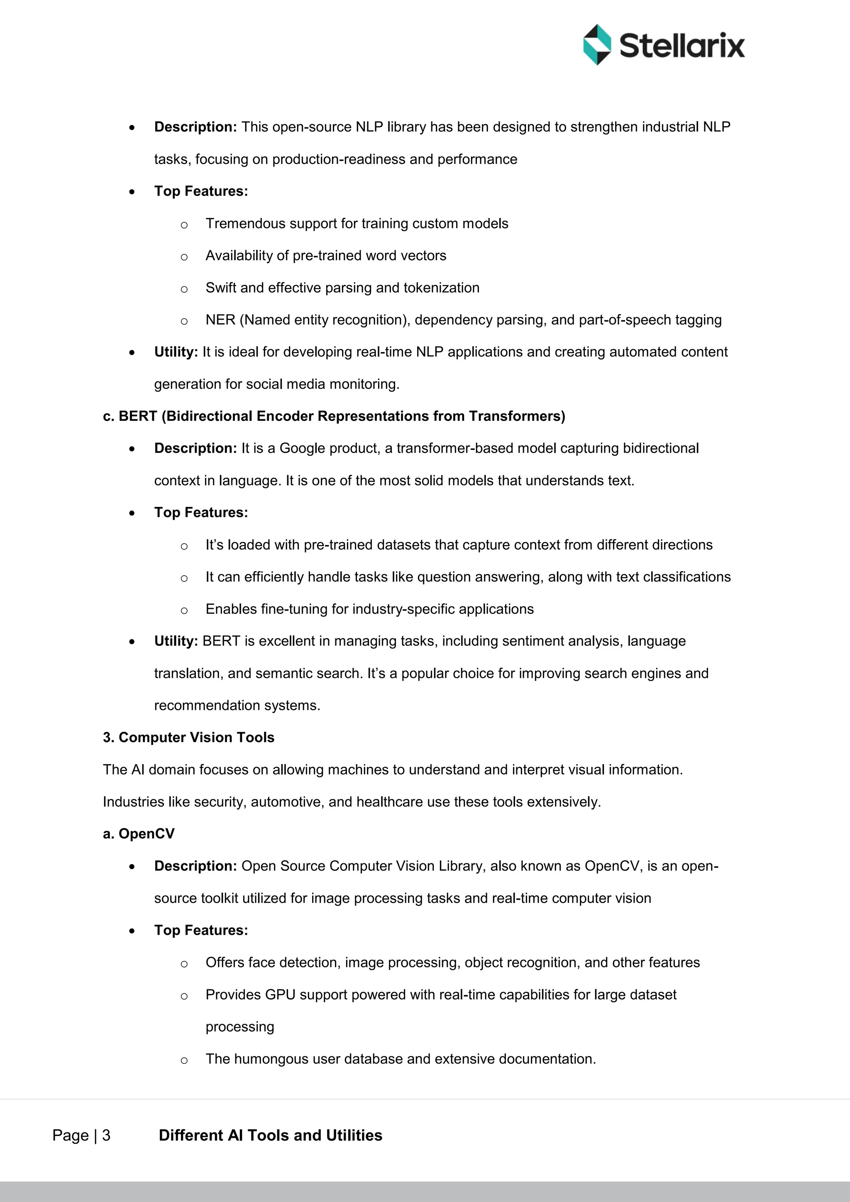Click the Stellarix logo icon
(597, 44)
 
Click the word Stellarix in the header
(681, 46)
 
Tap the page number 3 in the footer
(106, 1135)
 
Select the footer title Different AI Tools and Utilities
(270, 1135)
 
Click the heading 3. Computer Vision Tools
(188, 737)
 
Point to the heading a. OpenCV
(139, 833)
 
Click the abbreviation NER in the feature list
(220, 320)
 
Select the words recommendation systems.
(237, 705)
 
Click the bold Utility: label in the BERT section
(176, 641)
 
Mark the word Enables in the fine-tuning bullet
(231, 609)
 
